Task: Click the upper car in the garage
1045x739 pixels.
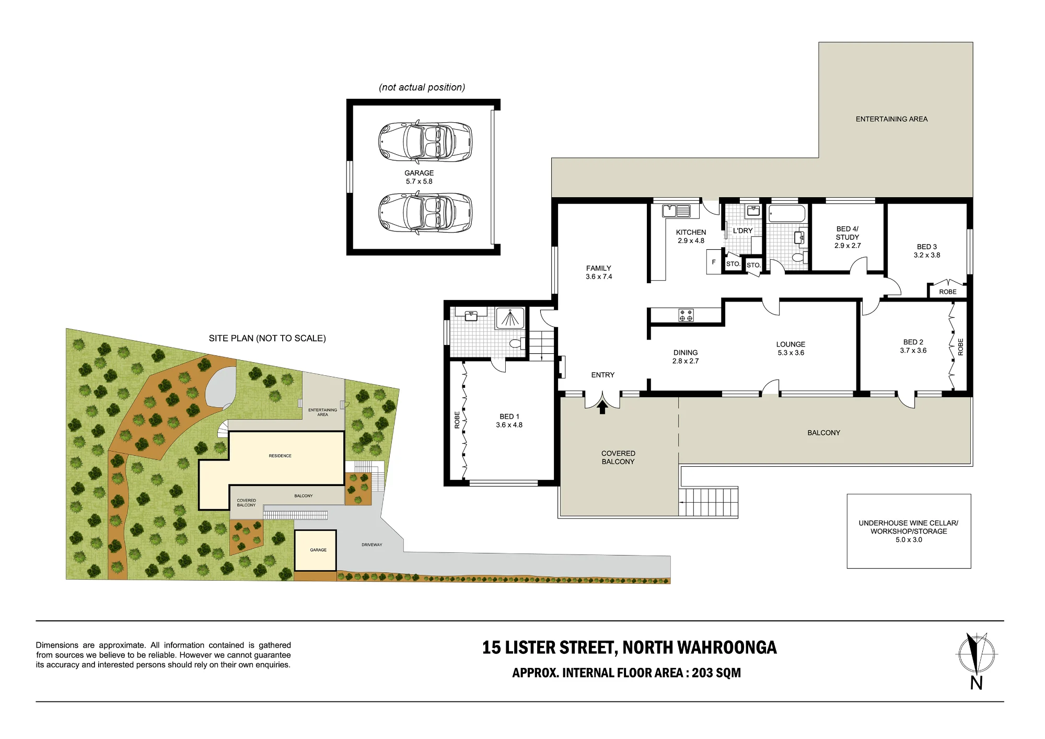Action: coord(425,142)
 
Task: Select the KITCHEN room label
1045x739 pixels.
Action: coord(691,232)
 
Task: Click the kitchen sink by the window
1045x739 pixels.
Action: coord(676,211)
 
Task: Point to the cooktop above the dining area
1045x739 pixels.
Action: coord(686,315)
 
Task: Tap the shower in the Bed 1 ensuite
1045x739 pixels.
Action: coord(510,318)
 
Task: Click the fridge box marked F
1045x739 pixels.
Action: coord(714,262)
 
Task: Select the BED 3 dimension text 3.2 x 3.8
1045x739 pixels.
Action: coord(927,255)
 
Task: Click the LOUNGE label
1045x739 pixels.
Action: coord(791,344)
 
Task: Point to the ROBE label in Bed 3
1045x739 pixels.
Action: coord(948,292)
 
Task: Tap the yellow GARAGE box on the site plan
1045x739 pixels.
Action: coord(315,550)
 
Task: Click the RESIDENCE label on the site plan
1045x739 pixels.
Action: coord(280,456)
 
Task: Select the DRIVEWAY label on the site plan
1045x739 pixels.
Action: coord(372,545)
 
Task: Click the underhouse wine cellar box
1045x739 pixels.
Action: coord(909,531)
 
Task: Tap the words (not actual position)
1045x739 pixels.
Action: coord(422,87)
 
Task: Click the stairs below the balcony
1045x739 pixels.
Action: coord(709,502)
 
